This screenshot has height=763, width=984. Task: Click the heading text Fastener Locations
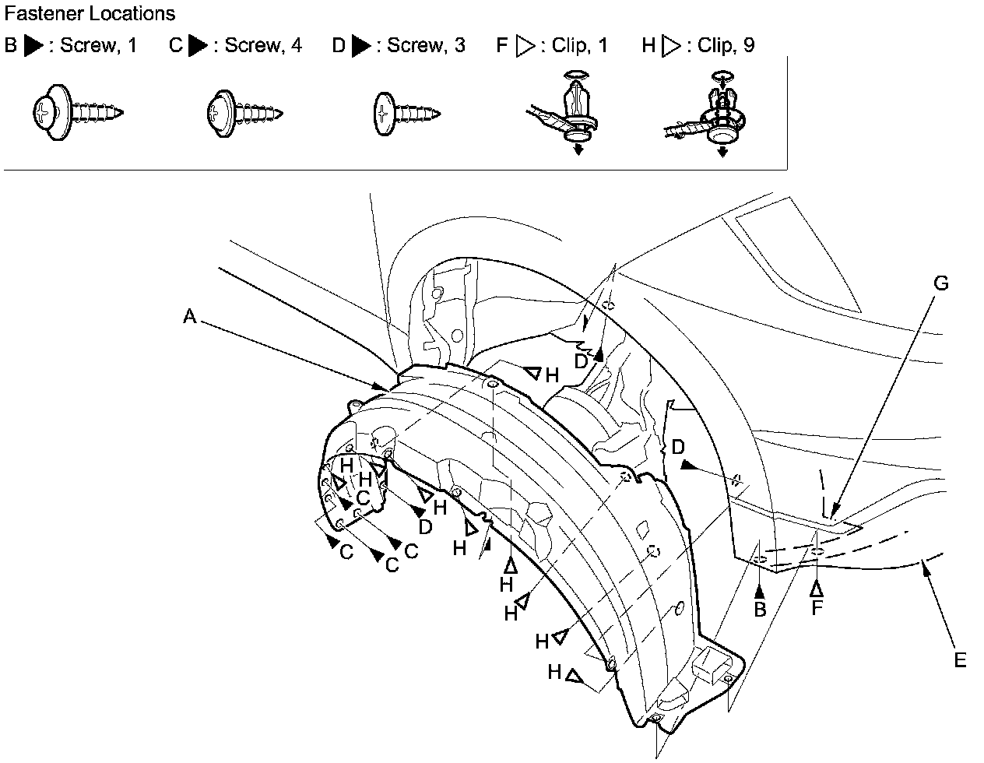pos(90,13)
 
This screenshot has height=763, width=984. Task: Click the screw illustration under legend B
pos(78,114)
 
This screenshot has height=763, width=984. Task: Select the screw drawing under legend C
pos(242,113)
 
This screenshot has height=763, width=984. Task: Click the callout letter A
pos(189,316)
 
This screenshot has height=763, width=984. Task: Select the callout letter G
pos(941,283)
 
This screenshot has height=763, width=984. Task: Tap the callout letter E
pos(960,660)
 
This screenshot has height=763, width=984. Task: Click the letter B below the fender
pos(760,610)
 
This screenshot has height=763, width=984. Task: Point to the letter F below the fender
pos(817,608)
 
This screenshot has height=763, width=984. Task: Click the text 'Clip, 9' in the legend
pos(726,46)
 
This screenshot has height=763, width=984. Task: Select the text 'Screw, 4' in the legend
pos(263,46)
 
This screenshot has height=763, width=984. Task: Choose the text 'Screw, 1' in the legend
pos(98,46)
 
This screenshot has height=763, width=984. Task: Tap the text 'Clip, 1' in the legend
pos(579,46)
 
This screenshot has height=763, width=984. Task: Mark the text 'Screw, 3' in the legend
pos(426,46)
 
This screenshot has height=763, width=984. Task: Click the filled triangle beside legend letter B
pos(33,46)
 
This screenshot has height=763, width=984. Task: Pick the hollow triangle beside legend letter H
pos(671,46)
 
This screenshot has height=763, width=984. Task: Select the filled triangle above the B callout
pos(760,589)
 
